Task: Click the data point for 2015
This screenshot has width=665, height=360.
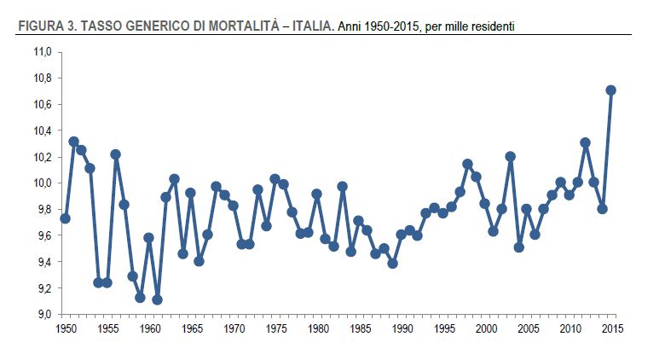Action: (610, 90)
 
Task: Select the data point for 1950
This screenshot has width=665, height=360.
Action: (65, 218)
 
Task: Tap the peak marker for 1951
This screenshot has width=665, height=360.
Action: (73, 142)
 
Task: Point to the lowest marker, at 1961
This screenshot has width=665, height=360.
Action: (157, 299)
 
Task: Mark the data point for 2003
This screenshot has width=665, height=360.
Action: (510, 157)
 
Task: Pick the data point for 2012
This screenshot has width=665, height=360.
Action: (585, 142)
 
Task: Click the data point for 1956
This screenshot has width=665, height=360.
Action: (115, 154)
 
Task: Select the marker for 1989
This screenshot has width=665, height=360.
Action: (392, 264)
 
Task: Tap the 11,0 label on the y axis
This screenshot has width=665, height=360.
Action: (43, 52)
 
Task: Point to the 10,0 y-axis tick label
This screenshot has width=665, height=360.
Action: (43, 183)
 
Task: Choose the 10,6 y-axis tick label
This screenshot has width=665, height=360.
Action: (43, 105)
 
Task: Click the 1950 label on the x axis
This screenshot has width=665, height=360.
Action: (66, 328)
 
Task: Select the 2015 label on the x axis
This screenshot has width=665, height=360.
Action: (610, 328)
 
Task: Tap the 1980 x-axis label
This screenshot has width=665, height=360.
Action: (317, 328)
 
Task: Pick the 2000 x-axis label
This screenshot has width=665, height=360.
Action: (485, 328)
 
